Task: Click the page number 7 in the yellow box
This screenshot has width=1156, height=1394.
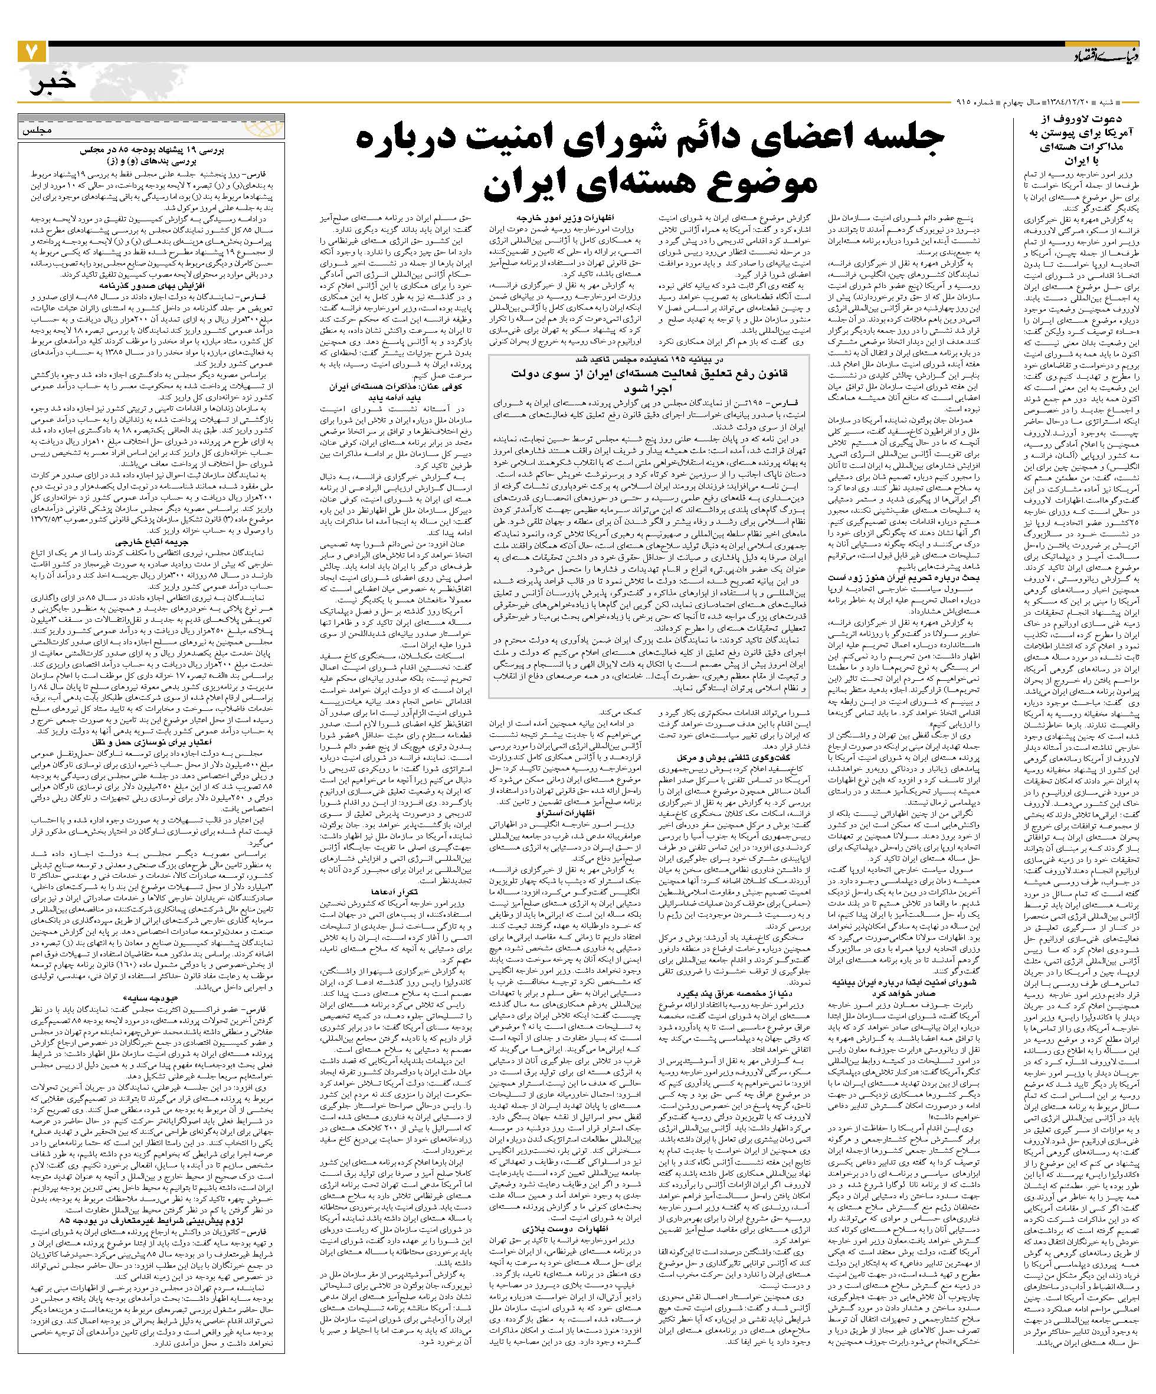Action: point(31,52)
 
